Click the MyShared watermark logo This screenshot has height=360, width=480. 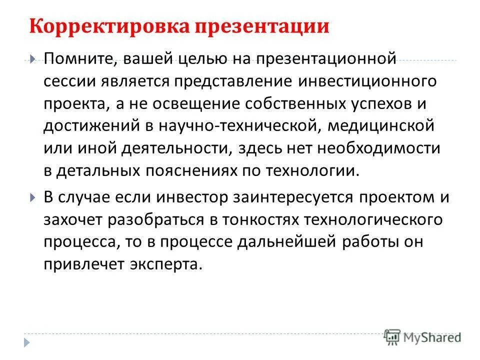(423, 337)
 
